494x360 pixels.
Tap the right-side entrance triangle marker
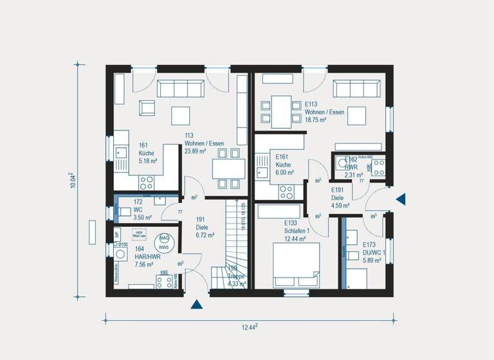point(401,199)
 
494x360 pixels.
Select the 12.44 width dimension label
point(250,327)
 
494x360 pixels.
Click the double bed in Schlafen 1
point(296,265)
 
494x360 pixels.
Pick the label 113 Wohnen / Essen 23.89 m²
point(195,143)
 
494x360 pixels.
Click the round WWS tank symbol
point(164,242)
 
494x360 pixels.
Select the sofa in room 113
point(181,88)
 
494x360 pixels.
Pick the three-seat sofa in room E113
point(356,88)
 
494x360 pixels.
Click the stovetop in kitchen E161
point(286,192)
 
